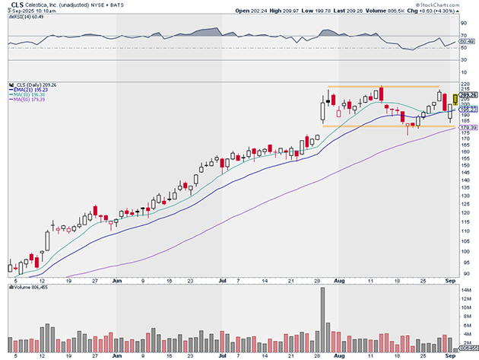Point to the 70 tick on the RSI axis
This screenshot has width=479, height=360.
click(463, 36)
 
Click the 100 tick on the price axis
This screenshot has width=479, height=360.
click(465, 251)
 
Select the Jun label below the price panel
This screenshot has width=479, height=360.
click(118, 280)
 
